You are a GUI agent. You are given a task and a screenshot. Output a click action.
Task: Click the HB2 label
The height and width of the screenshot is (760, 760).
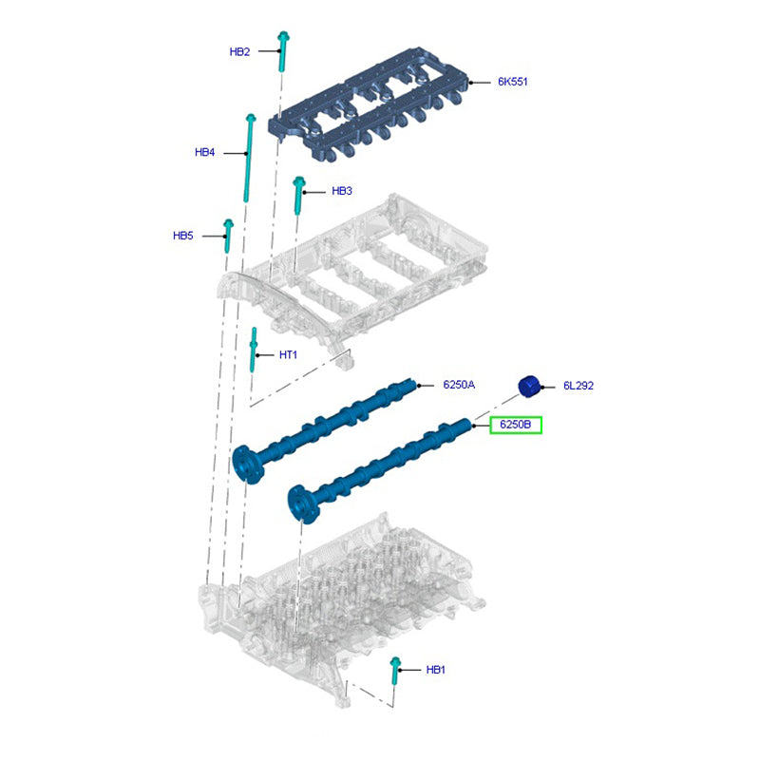(239, 52)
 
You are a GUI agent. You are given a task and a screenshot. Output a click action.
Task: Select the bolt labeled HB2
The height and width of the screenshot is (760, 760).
(283, 51)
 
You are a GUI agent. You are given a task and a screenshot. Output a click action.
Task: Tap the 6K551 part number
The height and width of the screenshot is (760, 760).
(512, 82)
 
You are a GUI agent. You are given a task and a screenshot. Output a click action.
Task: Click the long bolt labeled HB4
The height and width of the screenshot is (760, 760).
(249, 158)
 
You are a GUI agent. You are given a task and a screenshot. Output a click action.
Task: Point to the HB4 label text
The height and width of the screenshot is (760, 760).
(204, 152)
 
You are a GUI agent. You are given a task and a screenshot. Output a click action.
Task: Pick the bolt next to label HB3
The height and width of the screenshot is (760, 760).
(298, 196)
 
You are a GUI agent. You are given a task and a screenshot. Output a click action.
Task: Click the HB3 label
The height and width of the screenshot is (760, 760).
(342, 191)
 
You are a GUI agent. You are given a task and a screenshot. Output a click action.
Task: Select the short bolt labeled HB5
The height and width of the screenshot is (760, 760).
(228, 236)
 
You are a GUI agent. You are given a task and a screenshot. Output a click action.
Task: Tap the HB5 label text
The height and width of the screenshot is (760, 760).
(183, 236)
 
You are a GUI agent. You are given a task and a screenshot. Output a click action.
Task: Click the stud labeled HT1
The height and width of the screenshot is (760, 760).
(253, 350)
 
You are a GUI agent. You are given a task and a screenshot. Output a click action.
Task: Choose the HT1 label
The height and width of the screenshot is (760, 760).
(288, 354)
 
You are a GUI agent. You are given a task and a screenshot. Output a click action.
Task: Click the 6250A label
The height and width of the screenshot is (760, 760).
(459, 385)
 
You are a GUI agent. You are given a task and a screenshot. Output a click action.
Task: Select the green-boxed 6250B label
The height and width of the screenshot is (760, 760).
(515, 425)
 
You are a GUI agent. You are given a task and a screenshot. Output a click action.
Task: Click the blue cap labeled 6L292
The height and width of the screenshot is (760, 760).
(529, 387)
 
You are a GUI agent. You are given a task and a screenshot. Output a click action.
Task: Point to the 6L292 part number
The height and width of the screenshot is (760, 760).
(579, 386)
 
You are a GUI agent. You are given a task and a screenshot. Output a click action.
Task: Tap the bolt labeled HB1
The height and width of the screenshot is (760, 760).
(395, 671)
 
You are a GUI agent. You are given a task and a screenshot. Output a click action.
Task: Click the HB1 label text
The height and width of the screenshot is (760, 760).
(435, 670)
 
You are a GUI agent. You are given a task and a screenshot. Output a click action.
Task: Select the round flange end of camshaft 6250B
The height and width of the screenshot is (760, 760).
(302, 504)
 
